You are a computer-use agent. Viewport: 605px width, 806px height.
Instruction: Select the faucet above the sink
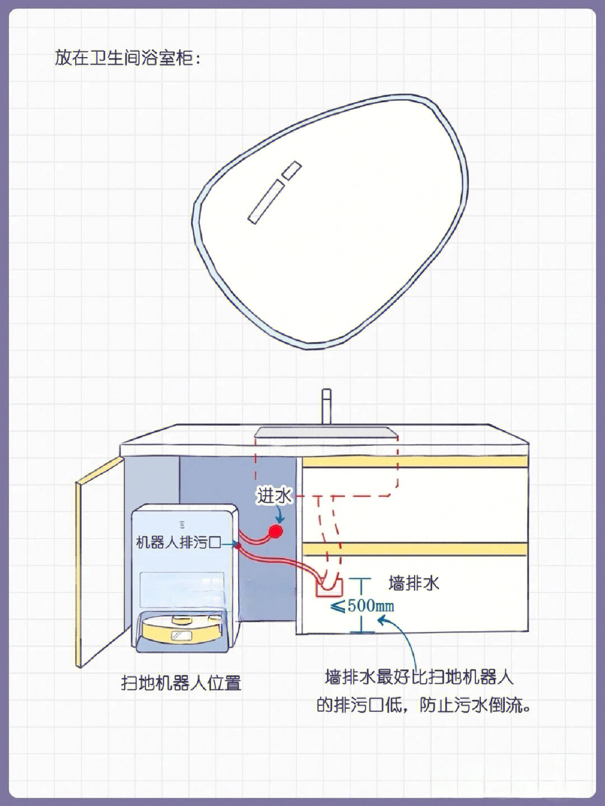pyautogui.click(x=327, y=407)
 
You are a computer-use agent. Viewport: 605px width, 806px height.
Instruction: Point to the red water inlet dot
pyautogui.click(x=276, y=531)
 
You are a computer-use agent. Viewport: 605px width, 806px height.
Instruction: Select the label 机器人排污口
pyautogui.click(x=179, y=542)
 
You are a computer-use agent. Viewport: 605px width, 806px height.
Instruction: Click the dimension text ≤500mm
pyautogui.click(x=362, y=605)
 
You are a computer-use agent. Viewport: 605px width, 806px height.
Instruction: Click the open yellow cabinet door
pyautogui.click(x=100, y=562)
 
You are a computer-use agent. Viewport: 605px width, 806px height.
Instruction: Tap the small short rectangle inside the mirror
pyautogui.click(x=292, y=170)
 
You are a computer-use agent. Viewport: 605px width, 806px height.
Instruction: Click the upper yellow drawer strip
pyautogui.click(x=415, y=462)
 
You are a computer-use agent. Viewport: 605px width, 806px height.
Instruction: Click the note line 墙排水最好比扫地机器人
pyautogui.click(x=419, y=677)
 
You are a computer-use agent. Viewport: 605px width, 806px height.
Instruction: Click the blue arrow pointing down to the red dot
pyautogui.click(x=281, y=514)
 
